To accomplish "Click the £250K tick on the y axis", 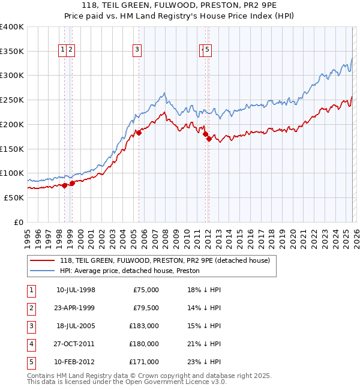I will [x=12, y=100].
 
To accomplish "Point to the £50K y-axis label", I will [x=14, y=197].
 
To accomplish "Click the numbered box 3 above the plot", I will [x=137, y=50].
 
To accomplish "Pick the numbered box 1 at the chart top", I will [x=63, y=50].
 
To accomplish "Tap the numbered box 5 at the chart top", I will [x=207, y=50].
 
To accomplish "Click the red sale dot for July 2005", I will [x=139, y=133].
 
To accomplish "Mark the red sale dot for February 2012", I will [x=209, y=139].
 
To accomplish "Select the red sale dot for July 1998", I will [x=64, y=185].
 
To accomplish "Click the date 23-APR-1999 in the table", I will [x=75, y=308].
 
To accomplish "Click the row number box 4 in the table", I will [x=31, y=344].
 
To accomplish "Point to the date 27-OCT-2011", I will [x=75, y=344].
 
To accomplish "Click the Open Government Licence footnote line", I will [x=127, y=381].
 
